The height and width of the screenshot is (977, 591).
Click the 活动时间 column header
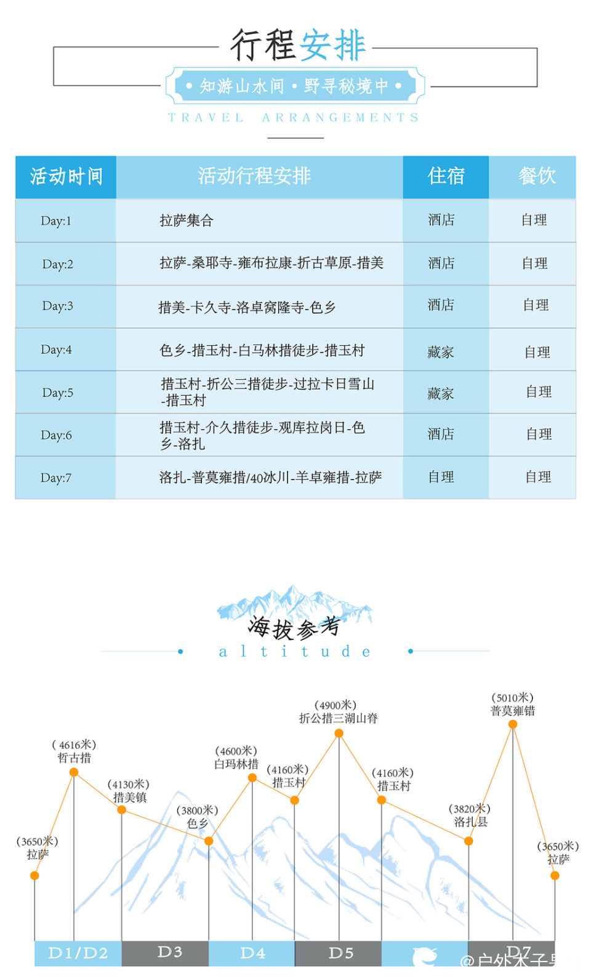[x=66, y=177]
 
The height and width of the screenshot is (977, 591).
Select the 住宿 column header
[x=446, y=176]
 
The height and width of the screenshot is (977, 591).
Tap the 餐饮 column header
[x=536, y=176]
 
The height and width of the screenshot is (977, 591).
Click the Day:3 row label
[x=58, y=306]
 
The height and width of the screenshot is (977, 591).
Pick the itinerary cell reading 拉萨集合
[x=187, y=221]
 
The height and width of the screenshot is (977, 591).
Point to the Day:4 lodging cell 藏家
[x=441, y=352]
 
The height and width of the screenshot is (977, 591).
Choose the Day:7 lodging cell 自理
[x=441, y=476]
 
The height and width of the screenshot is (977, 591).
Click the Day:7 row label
[x=56, y=478]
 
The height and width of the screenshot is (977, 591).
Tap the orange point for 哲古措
[x=74, y=772]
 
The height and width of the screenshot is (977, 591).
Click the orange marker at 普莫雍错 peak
[x=513, y=724]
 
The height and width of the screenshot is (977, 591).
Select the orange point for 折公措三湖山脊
[x=339, y=733]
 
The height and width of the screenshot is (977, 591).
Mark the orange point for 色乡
[x=209, y=841]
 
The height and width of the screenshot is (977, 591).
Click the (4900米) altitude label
[x=336, y=705]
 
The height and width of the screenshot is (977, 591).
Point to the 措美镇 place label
[x=130, y=798]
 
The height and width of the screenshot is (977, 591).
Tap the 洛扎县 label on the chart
[x=471, y=822]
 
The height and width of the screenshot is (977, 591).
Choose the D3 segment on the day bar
[x=169, y=952]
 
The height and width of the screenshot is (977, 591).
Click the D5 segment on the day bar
[x=340, y=953]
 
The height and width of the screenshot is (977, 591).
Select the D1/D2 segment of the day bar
[x=78, y=953]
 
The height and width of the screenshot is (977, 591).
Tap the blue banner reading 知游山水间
[x=295, y=86]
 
